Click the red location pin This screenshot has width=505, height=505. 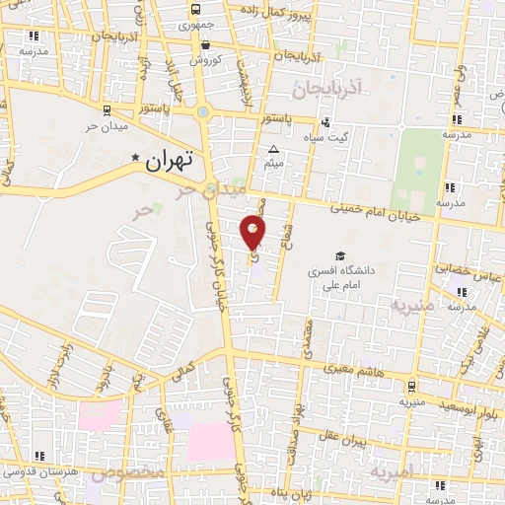pyautogui.click(x=253, y=231)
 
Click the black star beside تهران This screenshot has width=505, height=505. pyautogui.click(x=135, y=157)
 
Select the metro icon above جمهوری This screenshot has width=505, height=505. pyautogui.click(x=194, y=12)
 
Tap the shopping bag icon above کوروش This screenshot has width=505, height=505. pyautogui.click(x=204, y=44)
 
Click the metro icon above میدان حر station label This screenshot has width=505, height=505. pyautogui.click(x=107, y=110)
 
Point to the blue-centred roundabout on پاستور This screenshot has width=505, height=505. pyautogui.click(x=203, y=111)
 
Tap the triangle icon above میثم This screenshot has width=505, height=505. pyautogui.click(x=274, y=150)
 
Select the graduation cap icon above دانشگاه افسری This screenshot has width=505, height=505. pyautogui.click(x=340, y=255)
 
